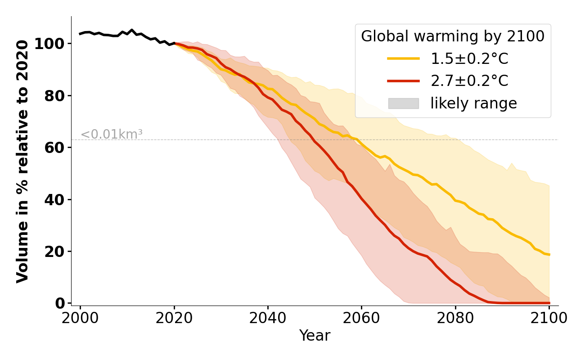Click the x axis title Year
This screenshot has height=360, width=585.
click(315, 336)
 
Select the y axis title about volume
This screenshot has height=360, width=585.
click(22, 161)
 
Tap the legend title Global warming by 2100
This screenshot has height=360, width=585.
click(453, 36)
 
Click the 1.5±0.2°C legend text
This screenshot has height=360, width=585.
click(469, 59)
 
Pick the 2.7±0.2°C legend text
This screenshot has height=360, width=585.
click(469, 81)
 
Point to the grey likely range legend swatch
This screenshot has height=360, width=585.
click(403, 103)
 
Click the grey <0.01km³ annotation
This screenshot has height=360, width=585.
click(112, 134)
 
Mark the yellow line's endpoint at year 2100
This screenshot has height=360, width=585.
click(549, 255)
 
